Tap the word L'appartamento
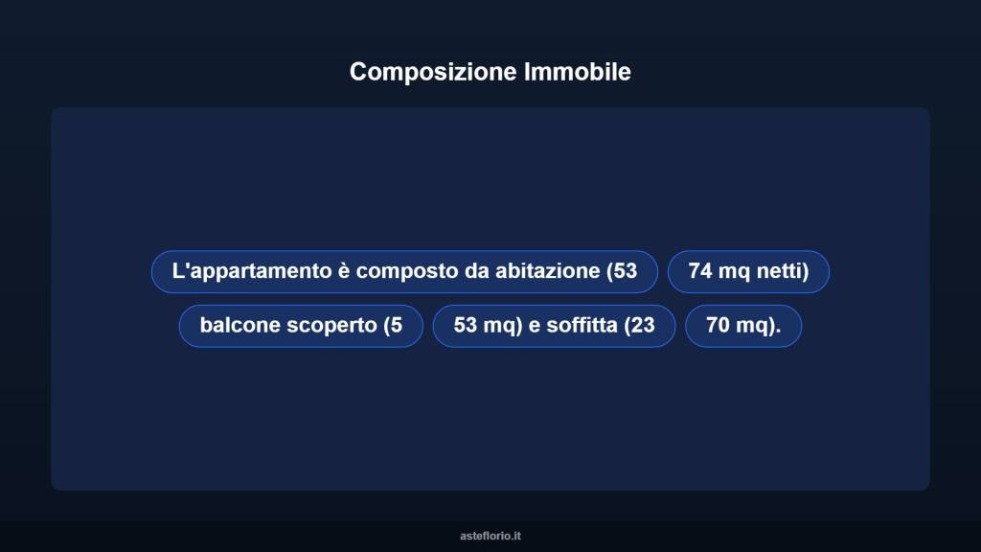tap(251, 272)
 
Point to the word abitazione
tap(548, 272)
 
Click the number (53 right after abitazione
tap(622, 272)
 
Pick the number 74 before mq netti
tap(700, 272)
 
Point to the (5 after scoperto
tap(392, 326)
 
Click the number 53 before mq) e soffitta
tap(466, 326)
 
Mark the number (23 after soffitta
tap(639, 326)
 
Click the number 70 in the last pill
tap(718, 326)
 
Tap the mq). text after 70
tap(759, 326)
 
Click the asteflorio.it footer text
tap(490, 537)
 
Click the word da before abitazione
tap(477, 272)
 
